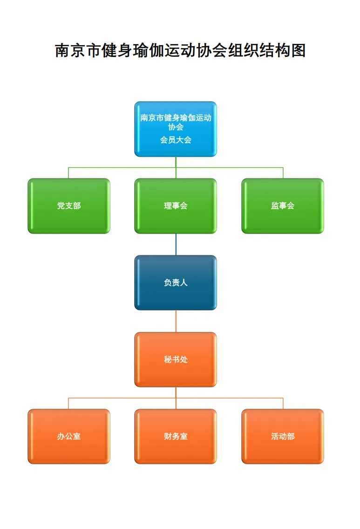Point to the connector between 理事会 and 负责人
coord(176,244)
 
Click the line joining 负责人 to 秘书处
coord(176,321)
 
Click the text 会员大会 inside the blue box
coord(176,140)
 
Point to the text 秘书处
coord(176,360)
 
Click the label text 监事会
coord(283,206)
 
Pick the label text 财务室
coord(176,437)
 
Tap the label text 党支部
coord(69,206)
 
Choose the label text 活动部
coord(283,437)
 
